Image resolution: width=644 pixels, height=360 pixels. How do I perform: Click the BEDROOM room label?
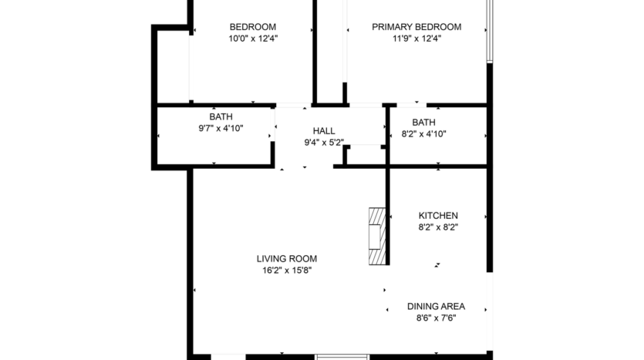253,26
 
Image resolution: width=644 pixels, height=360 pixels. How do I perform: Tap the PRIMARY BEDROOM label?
416,26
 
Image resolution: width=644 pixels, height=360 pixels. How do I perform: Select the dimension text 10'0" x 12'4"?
253,38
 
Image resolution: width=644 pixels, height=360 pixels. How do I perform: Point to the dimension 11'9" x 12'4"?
416,38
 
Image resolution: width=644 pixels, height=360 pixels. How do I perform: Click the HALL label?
323,131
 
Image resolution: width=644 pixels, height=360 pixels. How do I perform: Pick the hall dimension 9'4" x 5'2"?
323,143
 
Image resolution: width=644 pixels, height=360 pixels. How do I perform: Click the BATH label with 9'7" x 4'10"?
215,117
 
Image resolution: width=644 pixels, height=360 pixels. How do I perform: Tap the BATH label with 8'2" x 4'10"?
423,122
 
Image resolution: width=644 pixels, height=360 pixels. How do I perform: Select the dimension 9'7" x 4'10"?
215,129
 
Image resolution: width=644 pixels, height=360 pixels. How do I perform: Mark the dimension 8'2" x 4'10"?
423,133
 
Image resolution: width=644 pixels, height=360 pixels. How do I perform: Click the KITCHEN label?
438,215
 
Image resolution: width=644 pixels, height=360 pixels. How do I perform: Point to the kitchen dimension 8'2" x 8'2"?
438,227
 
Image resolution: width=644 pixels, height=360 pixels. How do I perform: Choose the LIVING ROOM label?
287,259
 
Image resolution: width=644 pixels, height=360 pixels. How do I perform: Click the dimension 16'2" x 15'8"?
287,271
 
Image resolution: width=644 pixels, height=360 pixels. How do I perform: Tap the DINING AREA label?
436,306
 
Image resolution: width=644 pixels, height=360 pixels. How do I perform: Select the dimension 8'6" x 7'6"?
436,318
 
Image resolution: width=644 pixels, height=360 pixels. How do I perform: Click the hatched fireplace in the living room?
376,236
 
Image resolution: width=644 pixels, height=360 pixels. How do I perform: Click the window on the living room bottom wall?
341,356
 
